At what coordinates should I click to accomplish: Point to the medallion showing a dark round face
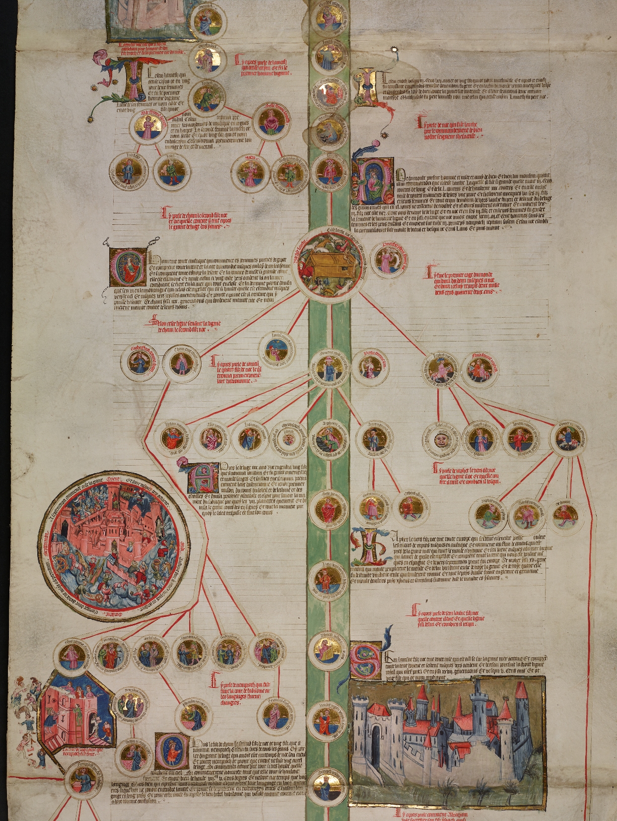point(439,440)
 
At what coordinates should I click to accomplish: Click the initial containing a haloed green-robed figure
point(373,182)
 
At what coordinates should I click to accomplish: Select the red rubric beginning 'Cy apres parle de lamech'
point(263,65)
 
